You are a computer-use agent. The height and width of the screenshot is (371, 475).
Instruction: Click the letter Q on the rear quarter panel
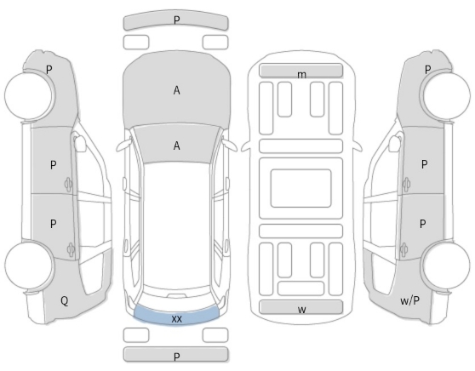coord(65,301)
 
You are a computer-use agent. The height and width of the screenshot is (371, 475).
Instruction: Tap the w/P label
coord(409,300)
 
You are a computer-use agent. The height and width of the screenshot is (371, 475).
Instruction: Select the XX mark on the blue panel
coord(176,319)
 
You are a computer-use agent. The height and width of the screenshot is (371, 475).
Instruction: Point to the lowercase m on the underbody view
coord(301,75)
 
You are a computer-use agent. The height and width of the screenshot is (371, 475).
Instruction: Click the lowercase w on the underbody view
coord(301,310)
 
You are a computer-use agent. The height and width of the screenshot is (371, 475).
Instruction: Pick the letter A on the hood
coord(176,90)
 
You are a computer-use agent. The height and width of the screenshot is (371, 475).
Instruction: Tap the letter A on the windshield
coord(176,146)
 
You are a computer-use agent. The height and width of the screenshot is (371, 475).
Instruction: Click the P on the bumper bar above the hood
coord(176,20)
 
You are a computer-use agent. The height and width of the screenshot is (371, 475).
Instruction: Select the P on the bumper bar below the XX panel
coord(176,357)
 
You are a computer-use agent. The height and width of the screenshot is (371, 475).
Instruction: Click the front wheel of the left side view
coord(30,95)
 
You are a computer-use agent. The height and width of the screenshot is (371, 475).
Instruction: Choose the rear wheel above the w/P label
coord(445,265)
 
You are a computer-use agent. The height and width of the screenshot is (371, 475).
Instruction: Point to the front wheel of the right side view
coord(445,95)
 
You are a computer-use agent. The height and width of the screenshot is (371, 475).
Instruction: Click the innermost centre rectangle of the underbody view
coord(300,188)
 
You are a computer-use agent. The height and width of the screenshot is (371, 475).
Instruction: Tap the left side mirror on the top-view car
coord(123,146)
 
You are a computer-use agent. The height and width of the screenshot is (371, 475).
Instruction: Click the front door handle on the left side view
coord(68,184)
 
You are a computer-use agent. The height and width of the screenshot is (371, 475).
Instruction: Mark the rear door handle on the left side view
coord(71,249)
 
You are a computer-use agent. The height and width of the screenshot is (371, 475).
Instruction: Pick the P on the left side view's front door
coord(53,165)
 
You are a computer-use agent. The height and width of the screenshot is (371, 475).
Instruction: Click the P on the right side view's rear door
coord(423,224)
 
